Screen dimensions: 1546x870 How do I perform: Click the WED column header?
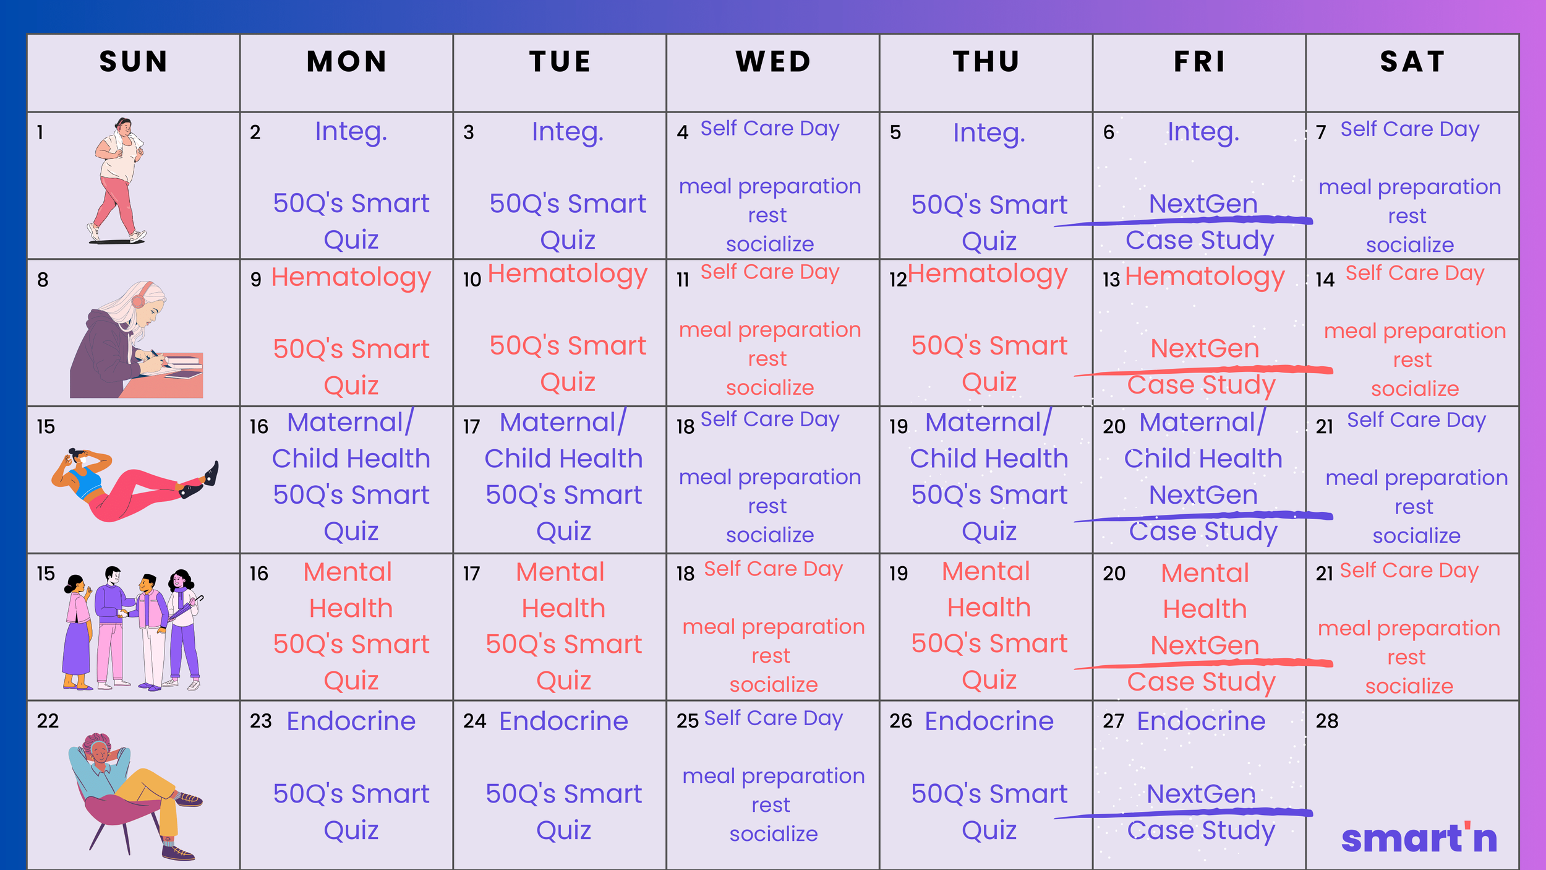pos(773,62)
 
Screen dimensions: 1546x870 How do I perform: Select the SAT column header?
pos(1412,62)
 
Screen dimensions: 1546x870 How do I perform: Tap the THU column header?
pos(986,62)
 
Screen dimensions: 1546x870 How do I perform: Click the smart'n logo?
pos(1419,838)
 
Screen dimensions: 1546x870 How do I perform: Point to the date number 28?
pos(1327,721)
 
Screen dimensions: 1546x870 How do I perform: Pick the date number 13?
pos(1111,280)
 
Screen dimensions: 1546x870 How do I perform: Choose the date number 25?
pos(688,721)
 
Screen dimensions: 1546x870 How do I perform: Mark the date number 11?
pos(683,280)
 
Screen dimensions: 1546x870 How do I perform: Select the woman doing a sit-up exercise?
pos(135,484)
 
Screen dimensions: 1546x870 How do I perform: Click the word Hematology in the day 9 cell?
pos(351,278)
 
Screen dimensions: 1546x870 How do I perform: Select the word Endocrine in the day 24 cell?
pos(563,721)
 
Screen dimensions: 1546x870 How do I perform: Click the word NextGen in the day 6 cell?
pos(1203,204)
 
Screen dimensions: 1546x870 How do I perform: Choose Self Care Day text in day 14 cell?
pos(1415,273)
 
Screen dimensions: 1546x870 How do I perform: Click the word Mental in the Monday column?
pos(348,572)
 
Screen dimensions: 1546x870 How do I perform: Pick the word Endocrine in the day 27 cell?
pos(1201,721)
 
